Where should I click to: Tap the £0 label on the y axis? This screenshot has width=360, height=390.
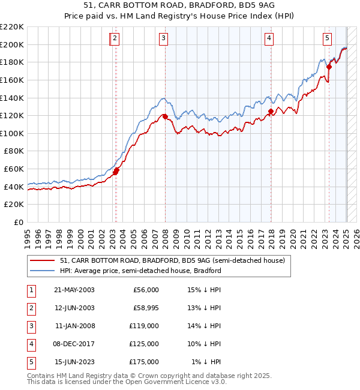click(x=19, y=222)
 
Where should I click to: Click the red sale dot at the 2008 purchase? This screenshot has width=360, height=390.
click(x=165, y=117)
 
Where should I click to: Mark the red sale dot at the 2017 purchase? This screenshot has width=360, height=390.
click(x=271, y=111)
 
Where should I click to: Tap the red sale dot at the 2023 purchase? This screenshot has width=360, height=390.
click(x=329, y=67)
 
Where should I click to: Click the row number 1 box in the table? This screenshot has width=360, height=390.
click(x=30, y=290)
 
